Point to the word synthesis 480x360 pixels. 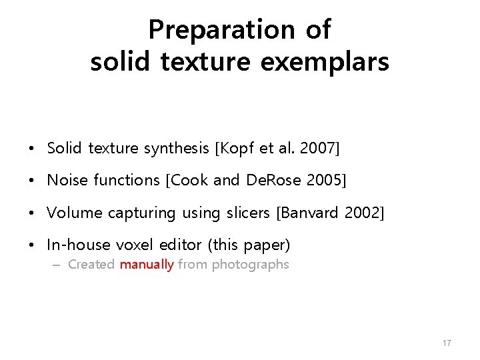pyautogui.click(x=176, y=148)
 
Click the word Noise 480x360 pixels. pyautogui.click(x=67, y=180)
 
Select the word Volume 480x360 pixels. pyautogui.click(x=74, y=213)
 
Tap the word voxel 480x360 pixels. pyautogui.click(x=133, y=245)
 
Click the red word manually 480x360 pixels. pyautogui.click(x=147, y=265)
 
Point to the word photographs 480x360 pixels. pyautogui.click(x=250, y=265)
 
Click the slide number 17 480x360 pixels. pyautogui.click(x=447, y=343)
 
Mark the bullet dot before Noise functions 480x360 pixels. pyautogui.click(x=33, y=181)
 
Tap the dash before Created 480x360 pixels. pyautogui.click(x=56, y=265)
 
